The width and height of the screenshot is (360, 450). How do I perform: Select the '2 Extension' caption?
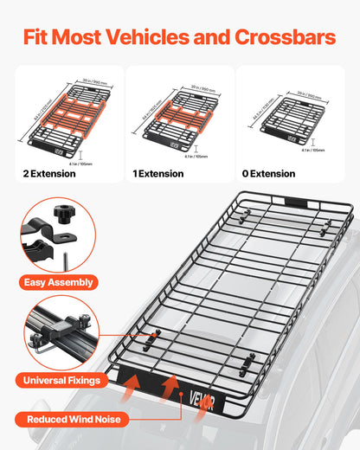click(x=49, y=174)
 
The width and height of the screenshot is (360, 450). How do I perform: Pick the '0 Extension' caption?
click(x=269, y=174)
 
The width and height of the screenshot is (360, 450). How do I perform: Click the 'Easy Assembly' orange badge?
click(x=60, y=281)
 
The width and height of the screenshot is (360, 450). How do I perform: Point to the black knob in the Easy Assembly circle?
click(x=65, y=237)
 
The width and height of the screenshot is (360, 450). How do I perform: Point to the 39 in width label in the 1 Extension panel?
click(x=202, y=88)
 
